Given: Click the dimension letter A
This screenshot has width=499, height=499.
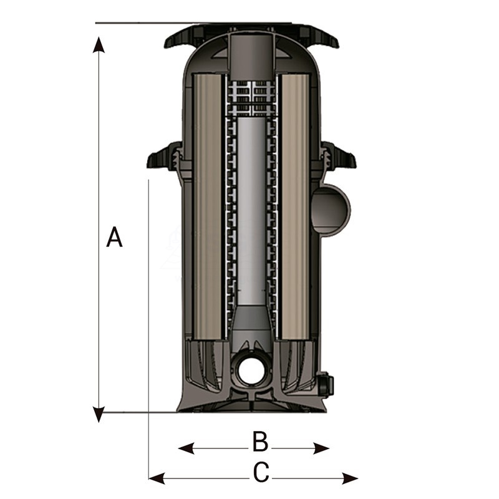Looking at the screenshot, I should coord(114,238).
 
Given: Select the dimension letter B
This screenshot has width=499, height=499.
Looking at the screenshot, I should coord(260,442).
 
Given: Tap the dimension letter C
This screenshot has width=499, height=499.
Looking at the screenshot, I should coord(261,473).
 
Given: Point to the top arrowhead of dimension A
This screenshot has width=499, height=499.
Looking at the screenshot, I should coord(99,44).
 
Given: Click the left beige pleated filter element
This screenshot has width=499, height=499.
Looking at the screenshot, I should coord(208,206).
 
